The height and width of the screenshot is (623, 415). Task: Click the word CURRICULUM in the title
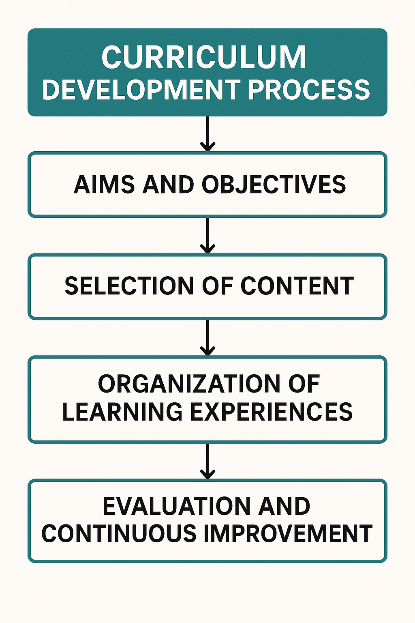[x=204, y=57]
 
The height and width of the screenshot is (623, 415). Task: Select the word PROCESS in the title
[x=309, y=90]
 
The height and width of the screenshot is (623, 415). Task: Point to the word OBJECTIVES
[x=274, y=185]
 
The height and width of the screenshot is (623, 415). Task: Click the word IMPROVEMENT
[x=287, y=534]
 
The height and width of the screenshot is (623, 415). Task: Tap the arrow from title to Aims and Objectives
[x=207, y=134]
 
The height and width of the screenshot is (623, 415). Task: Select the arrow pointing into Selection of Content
[x=207, y=236]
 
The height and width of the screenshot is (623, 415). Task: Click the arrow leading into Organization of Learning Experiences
[x=207, y=337]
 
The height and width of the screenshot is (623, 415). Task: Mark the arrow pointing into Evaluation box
[x=207, y=461]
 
